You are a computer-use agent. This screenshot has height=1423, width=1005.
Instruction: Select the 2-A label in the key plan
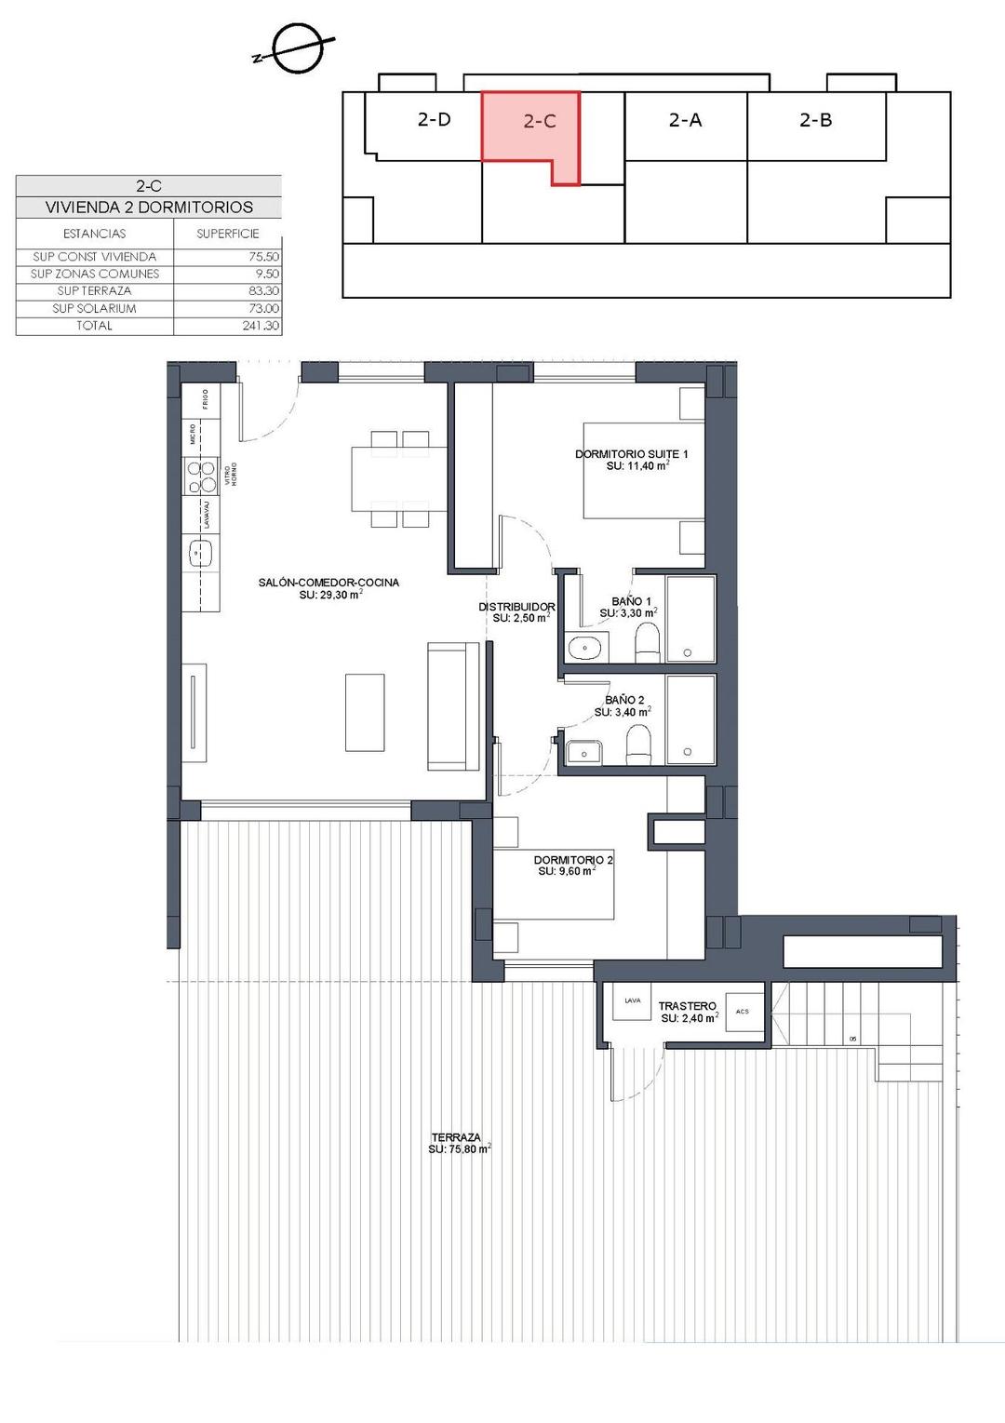click(685, 119)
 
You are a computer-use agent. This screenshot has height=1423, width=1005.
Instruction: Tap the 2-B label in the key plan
click(816, 119)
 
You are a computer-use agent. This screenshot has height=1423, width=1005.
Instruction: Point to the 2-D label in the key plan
click(434, 119)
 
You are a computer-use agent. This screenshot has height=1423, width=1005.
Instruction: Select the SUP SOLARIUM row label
click(94, 308)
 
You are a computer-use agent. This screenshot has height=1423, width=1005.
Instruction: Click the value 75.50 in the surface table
click(262, 257)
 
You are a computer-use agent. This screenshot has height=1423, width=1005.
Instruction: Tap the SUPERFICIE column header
click(227, 234)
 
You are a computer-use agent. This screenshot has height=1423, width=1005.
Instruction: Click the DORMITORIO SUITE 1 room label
click(632, 454)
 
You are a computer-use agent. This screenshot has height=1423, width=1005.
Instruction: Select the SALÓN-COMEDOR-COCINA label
click(328, 583)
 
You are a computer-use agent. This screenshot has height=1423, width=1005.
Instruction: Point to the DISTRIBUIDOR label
click(516, 607)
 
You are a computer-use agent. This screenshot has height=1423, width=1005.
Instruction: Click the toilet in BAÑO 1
click(646, 642)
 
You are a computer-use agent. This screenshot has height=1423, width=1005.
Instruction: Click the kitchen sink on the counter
click(199, 554)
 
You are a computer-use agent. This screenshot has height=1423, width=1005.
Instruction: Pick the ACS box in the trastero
click(742, 1012)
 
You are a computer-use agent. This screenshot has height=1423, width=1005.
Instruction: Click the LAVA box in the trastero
click(632, 1001)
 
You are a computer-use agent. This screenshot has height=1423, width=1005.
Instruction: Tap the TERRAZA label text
click(456, 1137)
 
